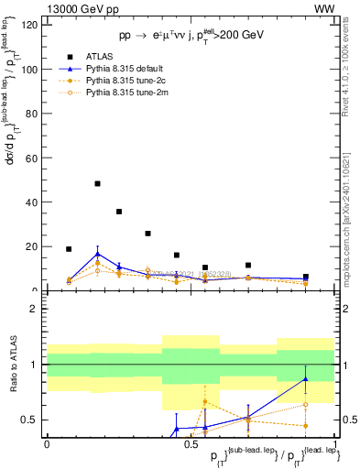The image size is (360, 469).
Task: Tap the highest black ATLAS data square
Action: tap(97, 183)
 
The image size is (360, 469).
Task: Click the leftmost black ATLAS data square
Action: tap(69, 248)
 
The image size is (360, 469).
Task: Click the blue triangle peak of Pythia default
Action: tap(97, 254)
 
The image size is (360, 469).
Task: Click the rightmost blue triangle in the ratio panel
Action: tap(306, 378)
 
